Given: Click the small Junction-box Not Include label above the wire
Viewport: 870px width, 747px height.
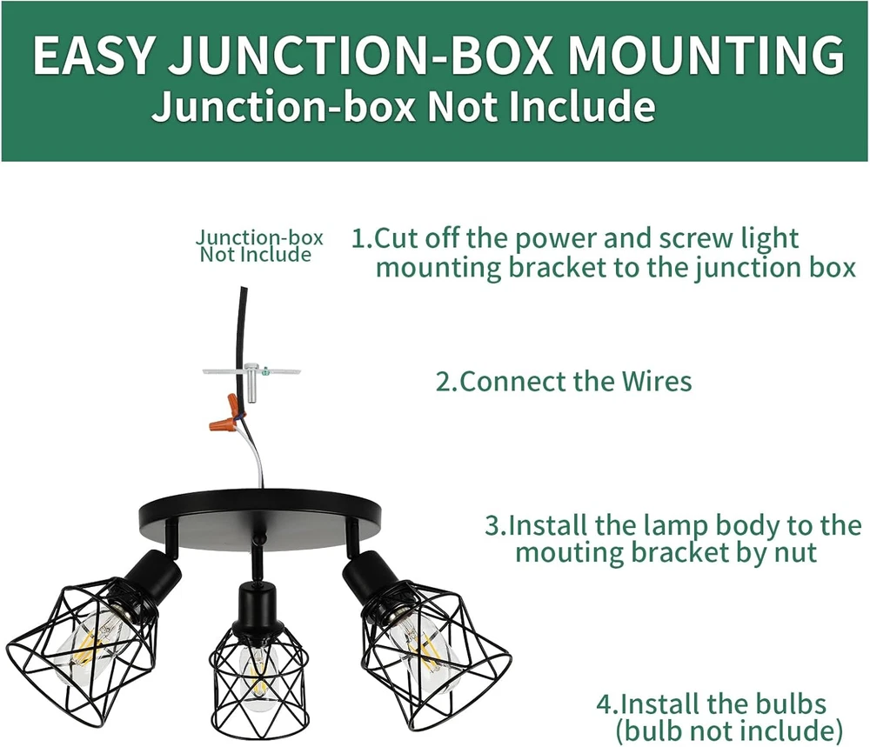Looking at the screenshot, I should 258,245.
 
